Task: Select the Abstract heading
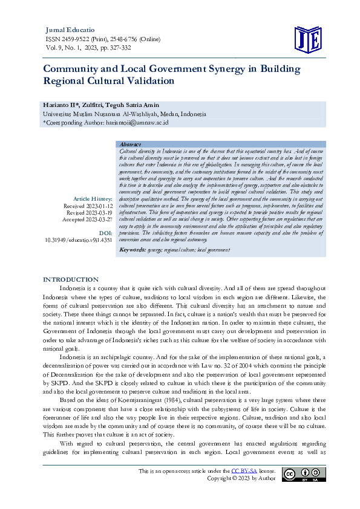130,144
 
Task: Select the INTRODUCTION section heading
70,280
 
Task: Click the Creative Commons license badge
306,475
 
